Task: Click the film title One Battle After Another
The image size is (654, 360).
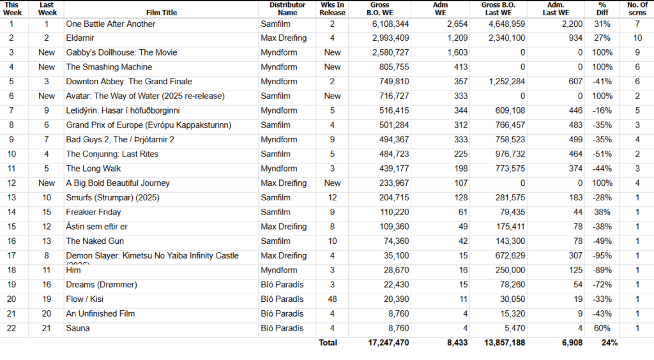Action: pos(110,24)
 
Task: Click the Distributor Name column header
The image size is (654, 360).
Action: pos(287,8)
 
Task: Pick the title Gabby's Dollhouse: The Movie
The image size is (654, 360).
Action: pos(121,52)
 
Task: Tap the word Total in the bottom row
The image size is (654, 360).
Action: pos(328,343)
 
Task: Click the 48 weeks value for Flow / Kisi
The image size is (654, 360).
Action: pos(332,299)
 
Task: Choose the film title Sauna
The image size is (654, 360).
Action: pos(77,328)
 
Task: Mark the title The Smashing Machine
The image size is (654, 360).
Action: pos(109,67)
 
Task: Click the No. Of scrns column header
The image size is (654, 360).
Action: pos(637,8)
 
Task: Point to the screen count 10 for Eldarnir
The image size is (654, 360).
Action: pos(637,38)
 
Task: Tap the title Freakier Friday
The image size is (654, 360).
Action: pos(93,212)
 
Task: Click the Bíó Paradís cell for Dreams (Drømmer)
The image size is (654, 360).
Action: pos(282,285)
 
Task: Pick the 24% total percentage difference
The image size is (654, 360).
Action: pos(609,343)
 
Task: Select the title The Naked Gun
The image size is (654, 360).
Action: pos(95,241)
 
